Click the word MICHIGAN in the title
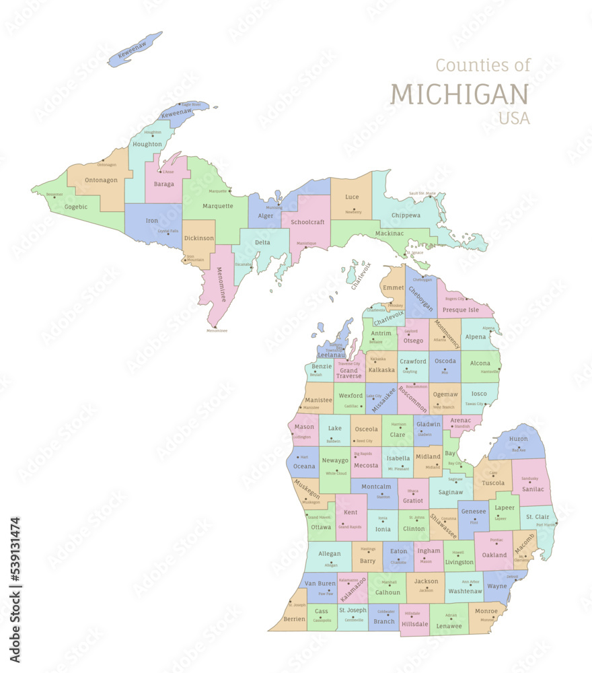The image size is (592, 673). [459, 94]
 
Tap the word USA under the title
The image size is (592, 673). [514, 118]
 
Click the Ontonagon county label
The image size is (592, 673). [102, 180]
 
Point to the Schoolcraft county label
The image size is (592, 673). [307, 221]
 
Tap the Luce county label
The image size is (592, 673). [352, 197]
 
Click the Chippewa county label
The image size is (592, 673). [405, 215]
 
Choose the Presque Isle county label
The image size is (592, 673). [460, 310]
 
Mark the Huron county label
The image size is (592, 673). [519, 438]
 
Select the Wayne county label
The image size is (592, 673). [496, 586]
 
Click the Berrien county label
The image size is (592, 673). [294, 618]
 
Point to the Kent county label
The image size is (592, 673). [350, 512]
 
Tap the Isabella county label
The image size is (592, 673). [398, 458]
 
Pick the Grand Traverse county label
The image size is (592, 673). [349, 373]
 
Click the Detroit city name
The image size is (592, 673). [513, 577]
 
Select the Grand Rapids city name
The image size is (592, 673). [349, 527]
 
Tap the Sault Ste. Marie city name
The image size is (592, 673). [422, 193]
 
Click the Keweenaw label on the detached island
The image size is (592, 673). [133, 50]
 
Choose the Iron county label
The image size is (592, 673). [152, 220]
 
